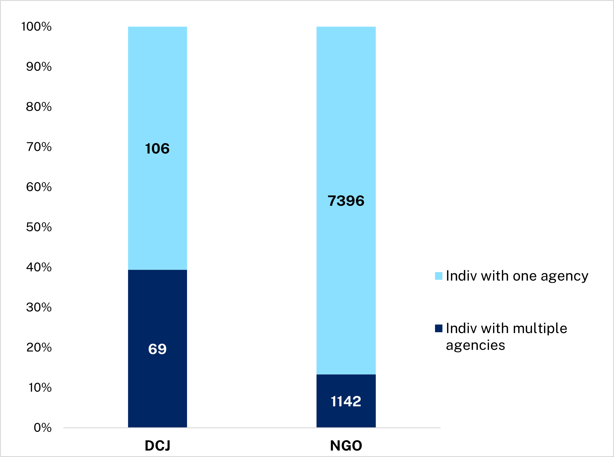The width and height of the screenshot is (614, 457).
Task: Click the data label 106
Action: pos(157,148)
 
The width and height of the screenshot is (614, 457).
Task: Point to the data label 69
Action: pos(157,349)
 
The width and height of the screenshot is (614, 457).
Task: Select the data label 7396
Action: pos(346,201)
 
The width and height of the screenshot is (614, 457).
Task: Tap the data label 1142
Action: pos(346,402)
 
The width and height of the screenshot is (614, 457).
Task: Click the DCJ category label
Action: pos(157,445)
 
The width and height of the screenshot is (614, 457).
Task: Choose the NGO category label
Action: pos(346,445)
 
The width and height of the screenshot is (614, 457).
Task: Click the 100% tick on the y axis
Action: pos(36,27)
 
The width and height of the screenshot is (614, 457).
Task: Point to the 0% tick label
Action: pos(43,428)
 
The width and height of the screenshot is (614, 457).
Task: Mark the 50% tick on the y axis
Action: pos(39,227)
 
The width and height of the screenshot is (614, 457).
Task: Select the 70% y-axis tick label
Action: pos(39,147)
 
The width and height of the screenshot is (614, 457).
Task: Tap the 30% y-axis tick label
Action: pos(39,307)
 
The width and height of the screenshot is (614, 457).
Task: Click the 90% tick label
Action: pos(39,67)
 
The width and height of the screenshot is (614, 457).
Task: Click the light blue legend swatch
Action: pos(439,276)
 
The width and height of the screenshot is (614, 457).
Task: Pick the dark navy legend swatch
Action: pos(439,328)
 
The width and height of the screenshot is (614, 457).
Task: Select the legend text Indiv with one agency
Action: pos(517,276)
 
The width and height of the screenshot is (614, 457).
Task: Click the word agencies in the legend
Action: pos(475,345)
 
